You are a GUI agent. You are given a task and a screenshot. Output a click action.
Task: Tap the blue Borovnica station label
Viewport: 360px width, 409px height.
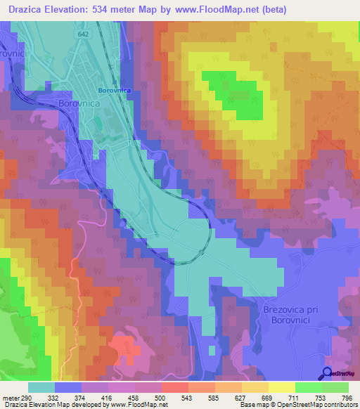point(115,90)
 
